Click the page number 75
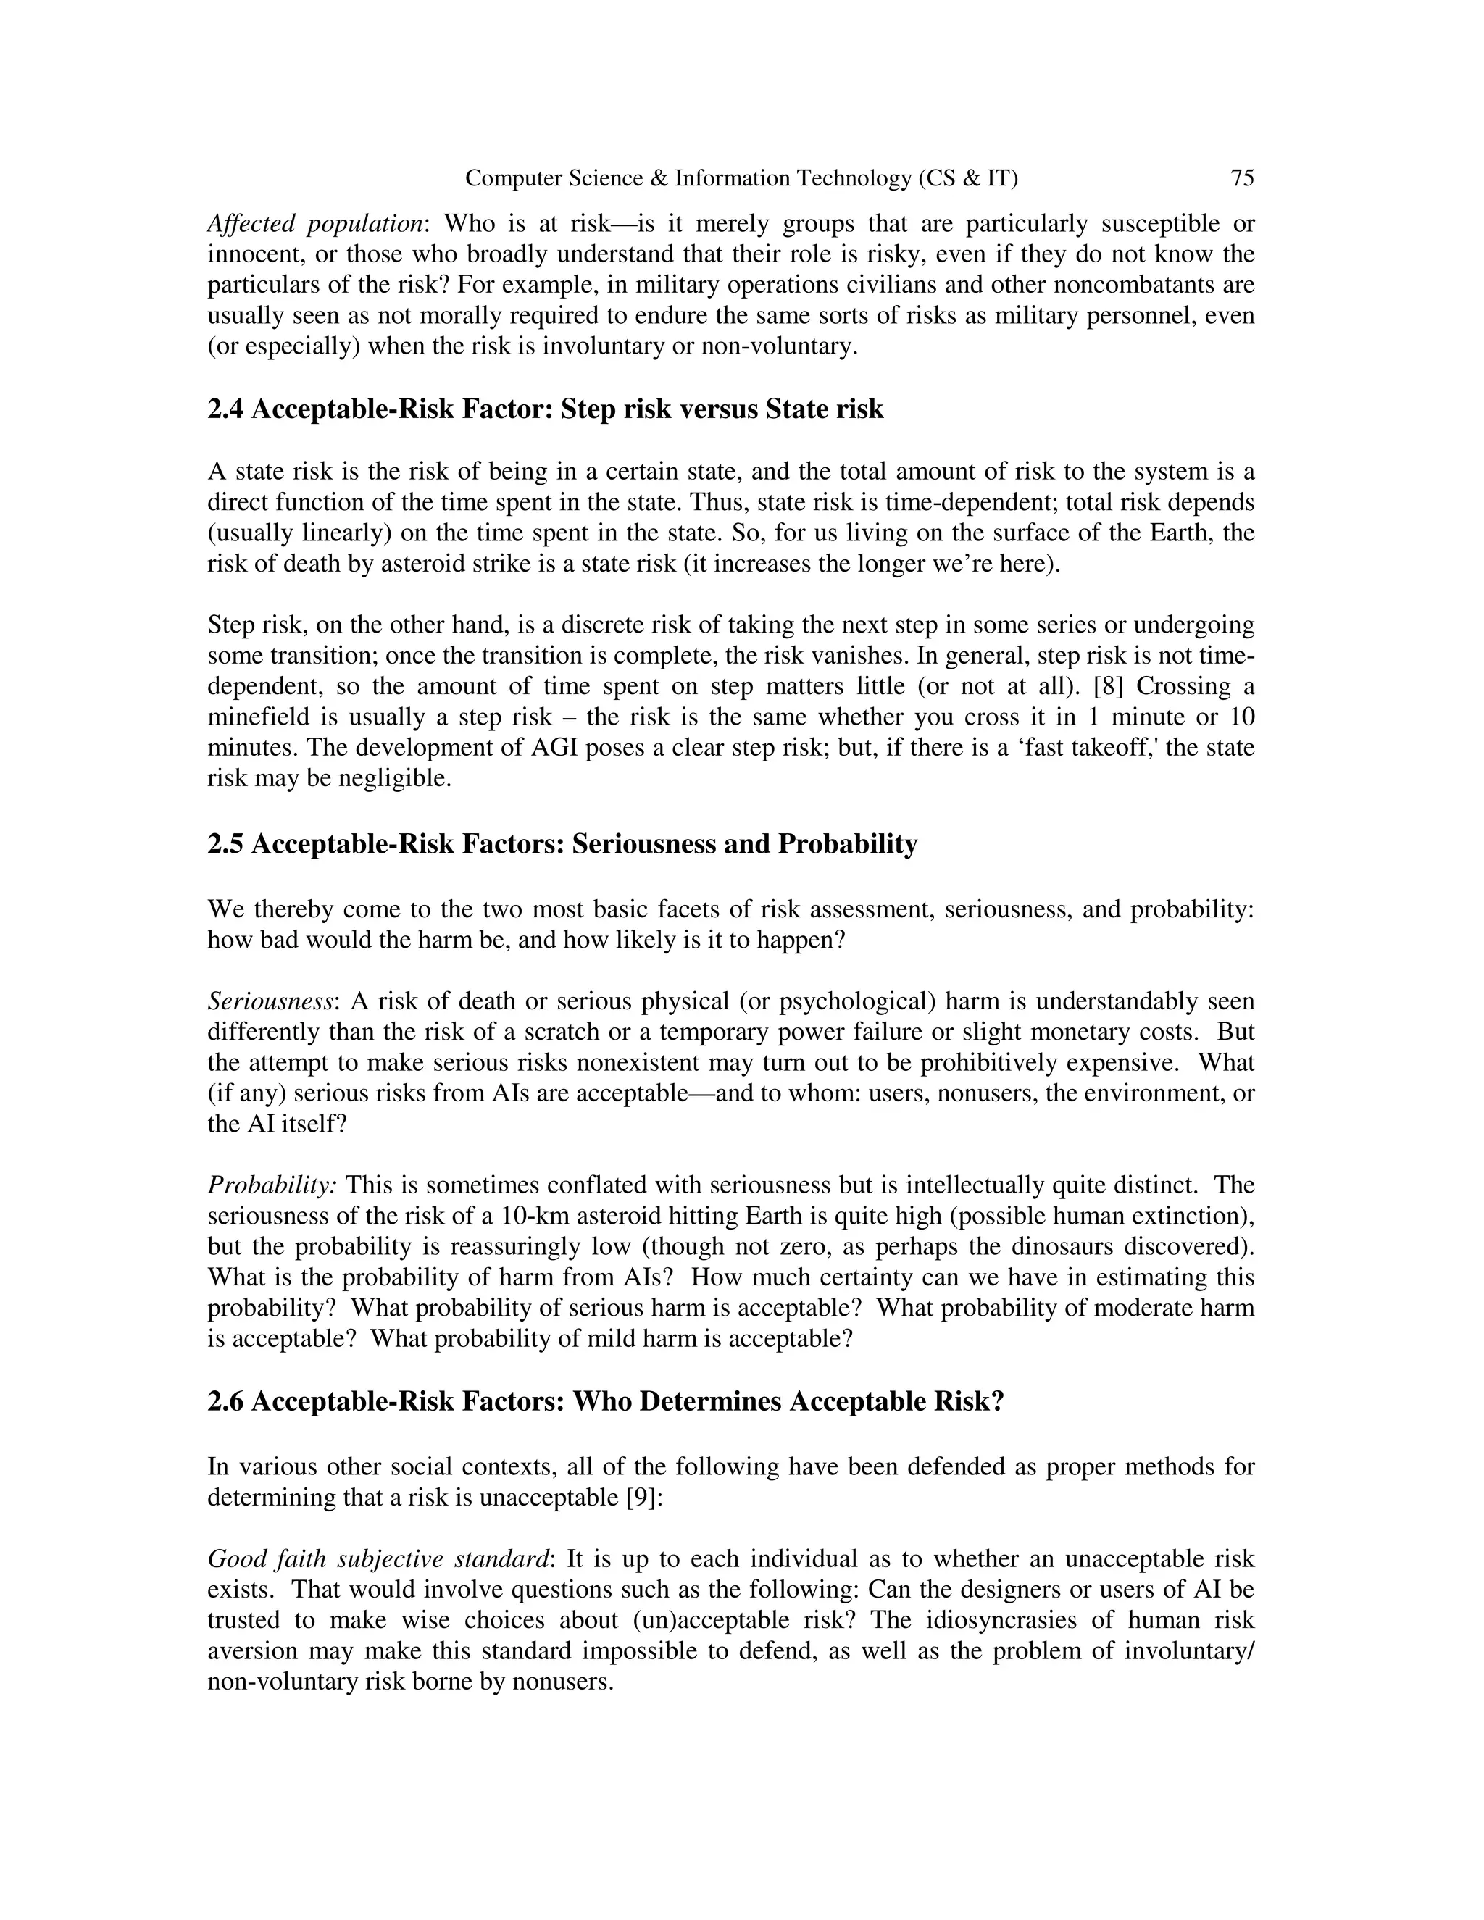tap(1241, 178)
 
